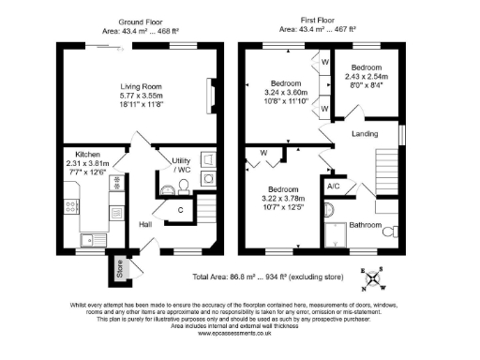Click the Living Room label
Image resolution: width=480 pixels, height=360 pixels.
[x=140, y=84]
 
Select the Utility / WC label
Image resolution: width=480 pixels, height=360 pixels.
[x=180, y=165]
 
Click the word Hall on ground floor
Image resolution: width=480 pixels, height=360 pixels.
[x=146, y=225]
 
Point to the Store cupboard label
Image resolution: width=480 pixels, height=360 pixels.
[x=119, y=267]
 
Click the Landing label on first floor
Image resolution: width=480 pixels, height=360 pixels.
[x=365, y=134]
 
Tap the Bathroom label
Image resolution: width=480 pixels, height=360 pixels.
[x=366, y=226]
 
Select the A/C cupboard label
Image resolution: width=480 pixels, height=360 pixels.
[x=333, y=187]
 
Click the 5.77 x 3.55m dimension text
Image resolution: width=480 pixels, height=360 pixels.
[x=140, y=96]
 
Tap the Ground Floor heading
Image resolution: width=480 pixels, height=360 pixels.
[x=140, y=22]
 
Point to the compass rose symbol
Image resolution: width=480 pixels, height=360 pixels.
[x=374, y=277]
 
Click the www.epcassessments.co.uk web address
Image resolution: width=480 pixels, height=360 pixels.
[x=240, y=333]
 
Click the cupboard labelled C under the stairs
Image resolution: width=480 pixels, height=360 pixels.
[x=180, y=209]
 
